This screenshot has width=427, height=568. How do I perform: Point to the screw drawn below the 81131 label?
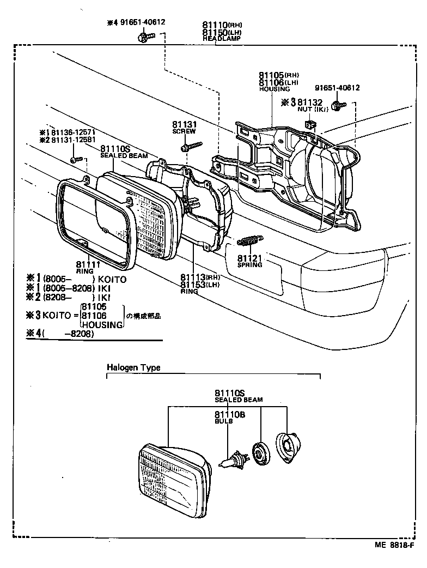191,146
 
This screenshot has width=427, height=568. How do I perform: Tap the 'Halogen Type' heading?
133,368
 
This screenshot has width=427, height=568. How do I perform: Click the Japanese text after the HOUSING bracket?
144,316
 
